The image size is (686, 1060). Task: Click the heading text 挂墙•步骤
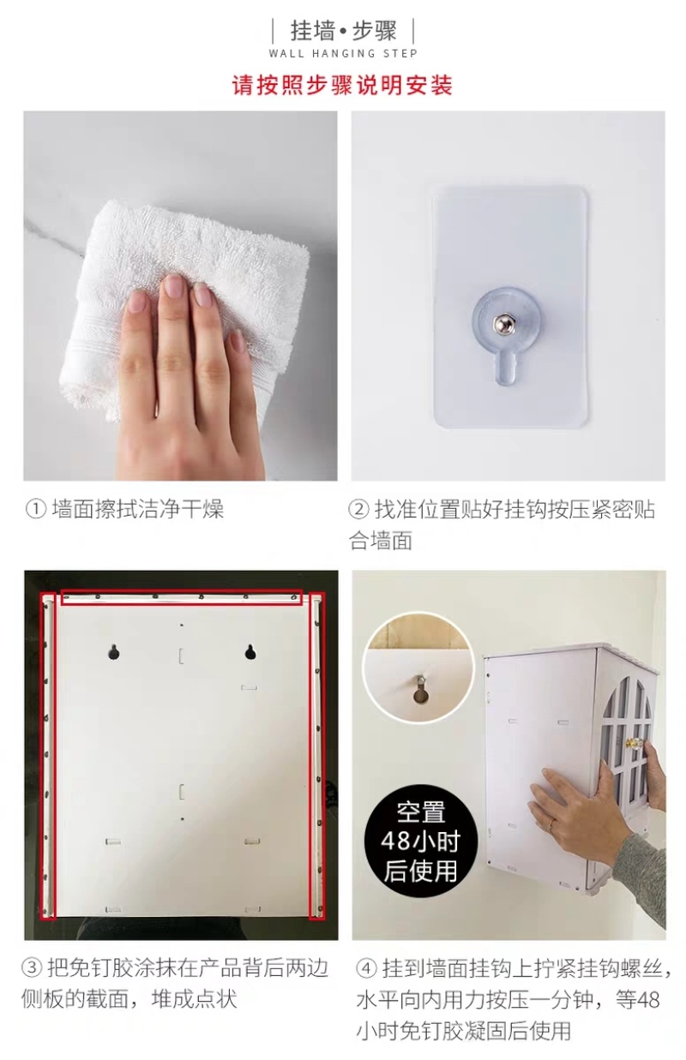343,31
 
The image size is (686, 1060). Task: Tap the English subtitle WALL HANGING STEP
343,53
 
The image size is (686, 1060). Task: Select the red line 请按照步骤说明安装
342,85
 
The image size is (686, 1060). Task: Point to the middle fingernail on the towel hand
175,287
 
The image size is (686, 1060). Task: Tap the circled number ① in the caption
35,510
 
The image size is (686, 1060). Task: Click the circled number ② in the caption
358,510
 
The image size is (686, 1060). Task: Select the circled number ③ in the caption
32,967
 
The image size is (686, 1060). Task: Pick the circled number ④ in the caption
366,967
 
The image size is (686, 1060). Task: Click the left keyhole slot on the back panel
112,652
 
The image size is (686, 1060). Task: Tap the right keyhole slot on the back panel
250,652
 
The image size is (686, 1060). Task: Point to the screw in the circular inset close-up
419,680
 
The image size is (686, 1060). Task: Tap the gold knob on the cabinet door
632,743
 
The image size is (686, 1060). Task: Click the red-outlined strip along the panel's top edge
182,597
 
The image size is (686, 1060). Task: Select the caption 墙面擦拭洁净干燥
137,510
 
